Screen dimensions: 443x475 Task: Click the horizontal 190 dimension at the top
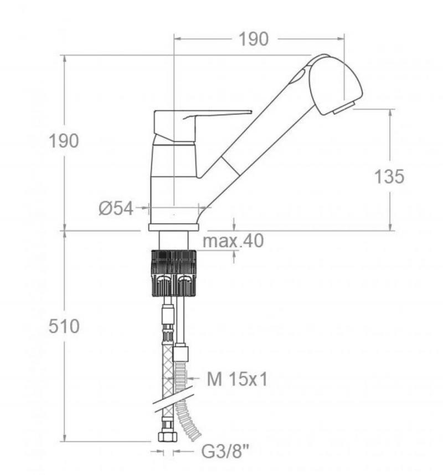click(x=254, y=39)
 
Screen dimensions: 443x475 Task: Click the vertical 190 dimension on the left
click(x=64, y=141)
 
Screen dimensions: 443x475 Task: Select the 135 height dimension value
click(x=389, y=176)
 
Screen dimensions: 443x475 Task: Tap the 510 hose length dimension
click(x=64, y=326)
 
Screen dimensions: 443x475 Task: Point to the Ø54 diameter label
click(x=116, y=208)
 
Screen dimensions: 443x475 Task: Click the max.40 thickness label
click(x=233, y=241)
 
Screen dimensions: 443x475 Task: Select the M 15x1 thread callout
click(x=237, y=379)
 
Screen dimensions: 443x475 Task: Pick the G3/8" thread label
click(x=225, y=452)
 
